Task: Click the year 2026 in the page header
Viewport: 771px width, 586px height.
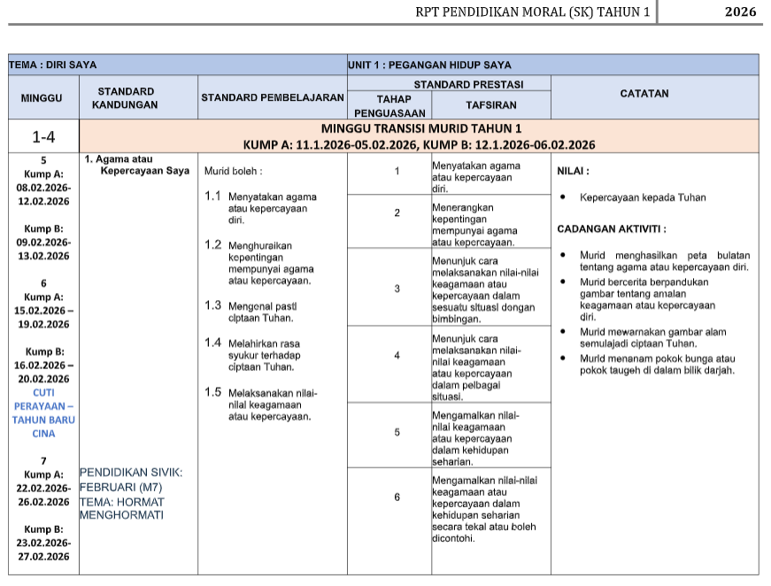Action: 739,12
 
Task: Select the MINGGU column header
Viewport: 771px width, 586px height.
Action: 42,97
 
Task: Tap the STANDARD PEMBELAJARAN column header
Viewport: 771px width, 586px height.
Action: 272,97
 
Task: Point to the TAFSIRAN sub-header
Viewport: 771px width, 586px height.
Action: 491,104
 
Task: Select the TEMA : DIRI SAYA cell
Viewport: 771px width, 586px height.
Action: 53,65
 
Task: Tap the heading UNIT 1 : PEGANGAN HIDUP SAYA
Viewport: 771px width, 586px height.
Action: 429,65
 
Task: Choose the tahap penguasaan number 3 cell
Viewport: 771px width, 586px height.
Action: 397,289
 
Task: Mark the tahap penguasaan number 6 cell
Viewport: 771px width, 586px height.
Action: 397,497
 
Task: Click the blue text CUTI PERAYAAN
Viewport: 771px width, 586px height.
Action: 43,405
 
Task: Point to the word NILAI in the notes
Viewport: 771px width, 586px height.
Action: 573,172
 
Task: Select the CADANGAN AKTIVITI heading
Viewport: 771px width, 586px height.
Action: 612,229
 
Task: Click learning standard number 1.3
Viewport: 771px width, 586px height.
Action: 212,305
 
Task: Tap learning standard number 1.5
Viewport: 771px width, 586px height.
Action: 212,392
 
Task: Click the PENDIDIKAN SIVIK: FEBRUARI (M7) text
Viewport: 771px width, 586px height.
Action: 131,480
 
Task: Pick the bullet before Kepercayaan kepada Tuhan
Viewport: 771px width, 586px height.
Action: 563,198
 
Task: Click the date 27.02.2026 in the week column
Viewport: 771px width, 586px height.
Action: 43,557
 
